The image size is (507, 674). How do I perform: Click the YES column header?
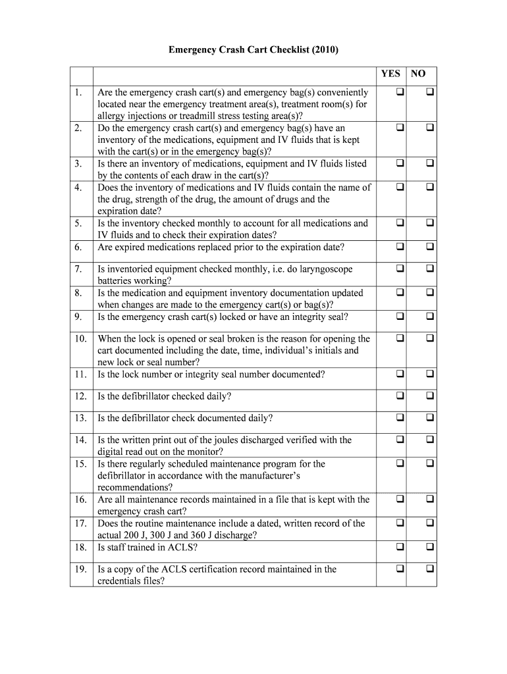point(390,74)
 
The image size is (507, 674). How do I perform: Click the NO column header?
point(418,74)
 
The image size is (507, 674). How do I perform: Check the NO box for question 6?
point(429,247)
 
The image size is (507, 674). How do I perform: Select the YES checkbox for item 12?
point(400,396)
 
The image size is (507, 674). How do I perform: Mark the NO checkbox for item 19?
point(429,568)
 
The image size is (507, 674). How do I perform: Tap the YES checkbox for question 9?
point(400,317)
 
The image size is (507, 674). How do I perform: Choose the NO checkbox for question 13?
point(429,417)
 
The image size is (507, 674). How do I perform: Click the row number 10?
point(80,339)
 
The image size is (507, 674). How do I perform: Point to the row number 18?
point(80,547)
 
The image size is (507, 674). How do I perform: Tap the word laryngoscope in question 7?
point(323,269)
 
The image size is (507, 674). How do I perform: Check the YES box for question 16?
point(400,499)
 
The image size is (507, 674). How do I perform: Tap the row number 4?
point(78,188)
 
